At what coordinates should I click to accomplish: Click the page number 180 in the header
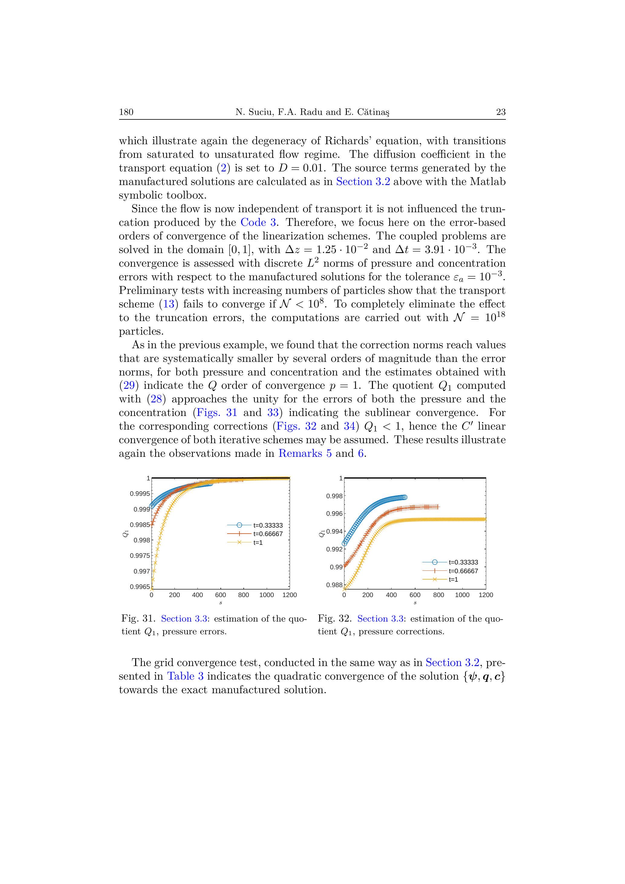[x=126, y=112]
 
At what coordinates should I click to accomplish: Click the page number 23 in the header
[x=501, y=112]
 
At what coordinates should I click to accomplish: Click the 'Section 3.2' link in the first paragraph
[x=363, y=182]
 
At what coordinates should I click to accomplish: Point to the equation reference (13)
[x=169, y=304]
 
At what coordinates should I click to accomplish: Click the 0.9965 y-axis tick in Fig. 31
[x=140, y=587]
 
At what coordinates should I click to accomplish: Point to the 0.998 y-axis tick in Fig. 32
[x=334, y=496]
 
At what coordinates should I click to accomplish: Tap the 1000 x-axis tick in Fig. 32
[x=462, y=595]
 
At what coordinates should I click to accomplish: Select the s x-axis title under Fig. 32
[x=415, y=603]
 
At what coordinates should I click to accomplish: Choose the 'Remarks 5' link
[x=305, y=453]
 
